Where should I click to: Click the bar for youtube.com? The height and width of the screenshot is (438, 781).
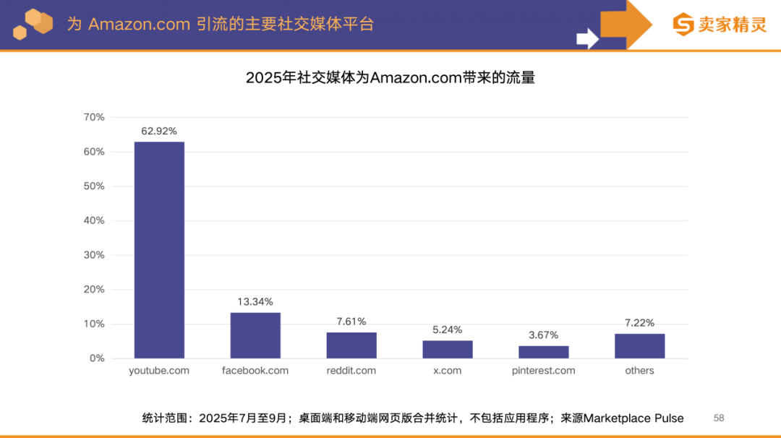click(x=159, y=249)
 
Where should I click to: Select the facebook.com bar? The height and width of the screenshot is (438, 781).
click(x=255, y=335)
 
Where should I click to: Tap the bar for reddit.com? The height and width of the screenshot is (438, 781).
click(x=351, y=345)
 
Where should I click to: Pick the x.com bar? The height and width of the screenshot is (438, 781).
click(x=448, y=349)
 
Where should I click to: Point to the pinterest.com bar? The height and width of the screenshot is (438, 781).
click(x=543, y=352)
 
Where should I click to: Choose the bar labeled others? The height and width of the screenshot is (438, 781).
click(x=639, y=346)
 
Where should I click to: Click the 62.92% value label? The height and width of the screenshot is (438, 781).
click(x=159, y=131)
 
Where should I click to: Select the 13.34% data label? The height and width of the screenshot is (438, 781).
click(x=255, y=301)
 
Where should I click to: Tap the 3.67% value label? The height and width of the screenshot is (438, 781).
click(x=543, y=335)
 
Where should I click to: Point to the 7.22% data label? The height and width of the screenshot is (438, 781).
click(x=639, y=322)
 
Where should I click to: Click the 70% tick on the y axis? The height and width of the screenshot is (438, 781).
click(x=94, y=117)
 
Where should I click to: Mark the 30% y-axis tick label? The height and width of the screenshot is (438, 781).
click(x=94, y=255)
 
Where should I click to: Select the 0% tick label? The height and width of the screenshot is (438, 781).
click(x=97, y=358)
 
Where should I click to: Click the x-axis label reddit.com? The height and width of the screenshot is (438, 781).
click(x=351, y=371)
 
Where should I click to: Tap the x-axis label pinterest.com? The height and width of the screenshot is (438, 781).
click(x=543, y=371)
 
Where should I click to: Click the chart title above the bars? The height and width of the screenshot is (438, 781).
click(x=390, y=77)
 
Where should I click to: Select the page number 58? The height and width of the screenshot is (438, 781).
click(x=719, y=418)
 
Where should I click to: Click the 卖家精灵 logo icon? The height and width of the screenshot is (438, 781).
click(x=683, y=24)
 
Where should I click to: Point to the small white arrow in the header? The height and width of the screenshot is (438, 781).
click(x=586, y=38)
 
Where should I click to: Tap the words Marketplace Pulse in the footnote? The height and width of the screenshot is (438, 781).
click(x=633, y=418)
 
